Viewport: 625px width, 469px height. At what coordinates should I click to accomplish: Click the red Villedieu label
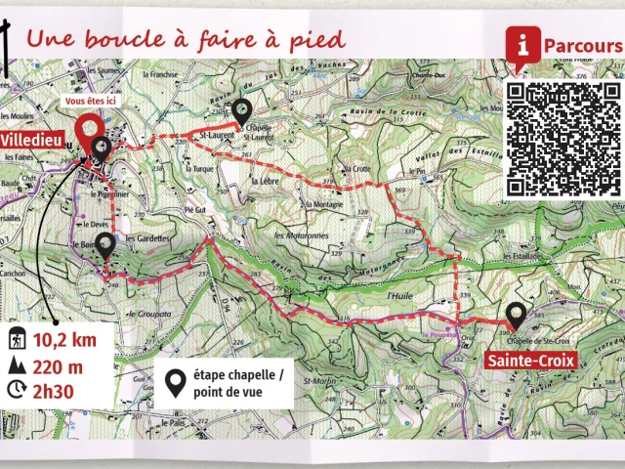pos(32,141)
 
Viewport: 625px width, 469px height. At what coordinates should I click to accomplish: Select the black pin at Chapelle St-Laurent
pos(242,113)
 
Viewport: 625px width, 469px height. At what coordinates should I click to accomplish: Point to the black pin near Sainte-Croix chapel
pos(516,316)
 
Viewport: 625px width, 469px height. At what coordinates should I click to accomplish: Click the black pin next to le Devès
pos(104,246)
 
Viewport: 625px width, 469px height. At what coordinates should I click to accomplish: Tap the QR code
pos(563,138)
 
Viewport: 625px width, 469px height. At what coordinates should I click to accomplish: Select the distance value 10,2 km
pos(65,340)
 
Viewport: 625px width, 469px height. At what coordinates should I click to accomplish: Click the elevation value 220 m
pos(59,366)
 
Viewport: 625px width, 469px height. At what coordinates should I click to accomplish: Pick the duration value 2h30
pos(58,391)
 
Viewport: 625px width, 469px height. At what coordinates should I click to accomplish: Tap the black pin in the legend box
pos(175,383)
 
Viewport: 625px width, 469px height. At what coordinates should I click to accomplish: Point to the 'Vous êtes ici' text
pos(91,101)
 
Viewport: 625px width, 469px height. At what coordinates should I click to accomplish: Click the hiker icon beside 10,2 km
pos(18,340)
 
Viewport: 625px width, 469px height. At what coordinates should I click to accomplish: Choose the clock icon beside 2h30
pos(17,391)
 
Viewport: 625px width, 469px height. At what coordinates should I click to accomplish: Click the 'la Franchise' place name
pos(159,74)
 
